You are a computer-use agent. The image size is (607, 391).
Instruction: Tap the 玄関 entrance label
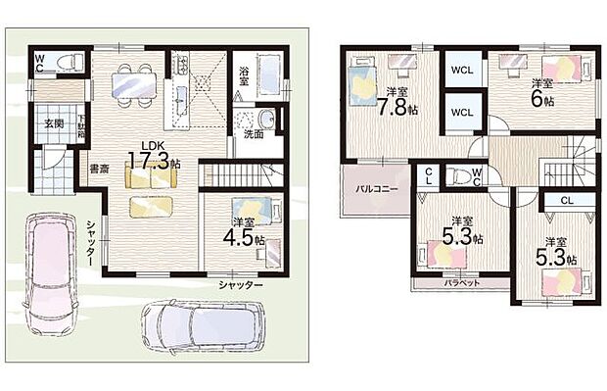point(52,123)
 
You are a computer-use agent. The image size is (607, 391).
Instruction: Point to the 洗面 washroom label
point(253,135)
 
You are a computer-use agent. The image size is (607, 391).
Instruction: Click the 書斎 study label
point(98,169)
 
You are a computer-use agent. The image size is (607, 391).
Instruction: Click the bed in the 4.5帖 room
point(257,209)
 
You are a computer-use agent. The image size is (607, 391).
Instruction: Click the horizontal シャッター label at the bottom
point(241,285)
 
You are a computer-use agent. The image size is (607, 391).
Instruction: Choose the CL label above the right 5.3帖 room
point(567,199)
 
